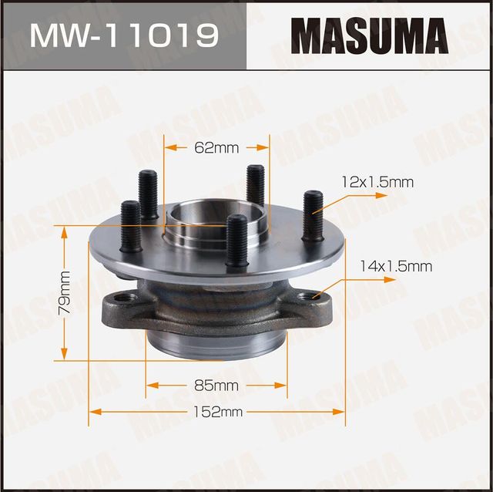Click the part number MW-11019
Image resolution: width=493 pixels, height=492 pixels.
pos(122,35)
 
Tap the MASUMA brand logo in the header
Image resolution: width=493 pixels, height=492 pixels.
pos(369,35)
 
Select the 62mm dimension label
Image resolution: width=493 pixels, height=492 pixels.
pos(216,147)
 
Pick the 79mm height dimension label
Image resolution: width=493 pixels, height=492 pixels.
pos(65,293)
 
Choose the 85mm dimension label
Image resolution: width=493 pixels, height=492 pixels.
pos(216,384)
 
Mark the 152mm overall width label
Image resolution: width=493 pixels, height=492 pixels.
pos(219,412)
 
